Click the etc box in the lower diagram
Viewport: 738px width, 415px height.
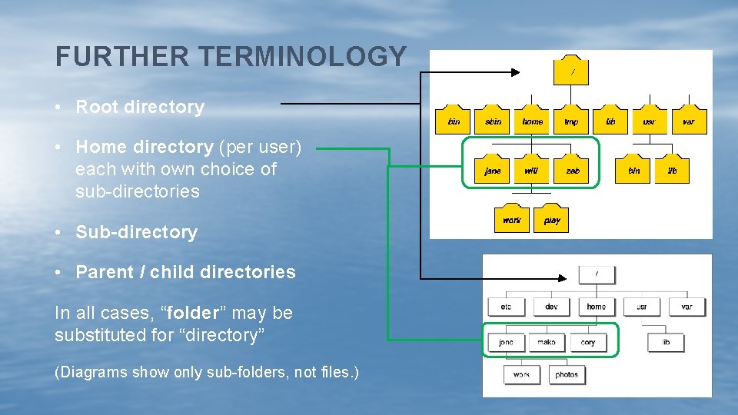505,307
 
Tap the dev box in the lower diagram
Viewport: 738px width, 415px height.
551,307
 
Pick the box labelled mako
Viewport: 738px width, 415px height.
547,342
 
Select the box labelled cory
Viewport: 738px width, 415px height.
588,342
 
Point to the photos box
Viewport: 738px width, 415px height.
567,374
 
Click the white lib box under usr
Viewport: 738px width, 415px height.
666,342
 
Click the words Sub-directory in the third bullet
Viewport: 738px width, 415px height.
136,232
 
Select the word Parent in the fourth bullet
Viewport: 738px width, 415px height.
104,272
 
